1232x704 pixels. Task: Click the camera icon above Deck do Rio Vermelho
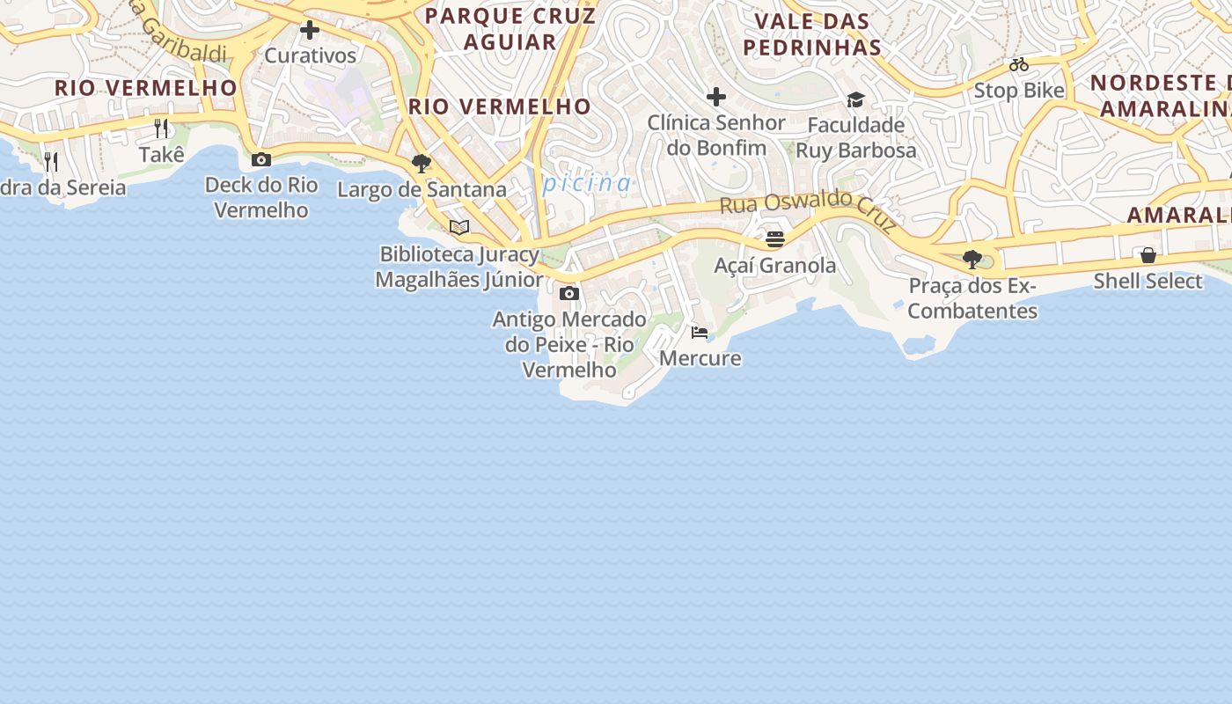point(261,159)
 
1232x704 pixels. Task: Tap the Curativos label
point(310,55)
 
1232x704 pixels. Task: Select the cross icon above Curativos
point(310,30)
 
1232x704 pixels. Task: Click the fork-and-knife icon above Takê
point(161,128)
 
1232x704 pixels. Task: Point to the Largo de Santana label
point(422,189)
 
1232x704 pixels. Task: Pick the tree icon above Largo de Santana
point(422,163)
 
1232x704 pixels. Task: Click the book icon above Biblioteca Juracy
point(458,227)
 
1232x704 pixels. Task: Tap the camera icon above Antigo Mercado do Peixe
point(569,293)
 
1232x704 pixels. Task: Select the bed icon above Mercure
point(700,332)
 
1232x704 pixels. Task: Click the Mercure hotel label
point(700,358)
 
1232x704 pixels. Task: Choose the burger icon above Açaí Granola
point(774,238)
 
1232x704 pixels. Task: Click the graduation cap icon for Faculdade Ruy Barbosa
point(855,99)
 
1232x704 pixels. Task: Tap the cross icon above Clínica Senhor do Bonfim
point(716,96)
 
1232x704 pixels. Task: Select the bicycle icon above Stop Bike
point(1019,64)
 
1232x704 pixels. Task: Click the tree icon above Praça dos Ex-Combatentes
point(972,260)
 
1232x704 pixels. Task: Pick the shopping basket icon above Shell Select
point(1148,255)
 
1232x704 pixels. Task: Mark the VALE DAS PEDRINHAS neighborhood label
point(812,34)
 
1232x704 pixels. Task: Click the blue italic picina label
point(587,183)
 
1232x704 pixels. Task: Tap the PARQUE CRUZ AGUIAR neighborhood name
point(510,28)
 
